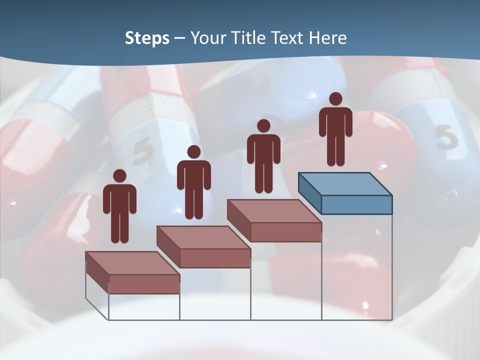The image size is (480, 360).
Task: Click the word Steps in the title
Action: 147,38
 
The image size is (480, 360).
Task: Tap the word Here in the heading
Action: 328,38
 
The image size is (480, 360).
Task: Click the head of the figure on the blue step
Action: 335,99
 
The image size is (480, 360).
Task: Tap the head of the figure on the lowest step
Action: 119,176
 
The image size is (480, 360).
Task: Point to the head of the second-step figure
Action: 193,152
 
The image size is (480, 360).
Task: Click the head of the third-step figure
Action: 263,126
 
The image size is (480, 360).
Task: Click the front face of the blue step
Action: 356,204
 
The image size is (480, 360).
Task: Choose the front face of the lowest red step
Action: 144,284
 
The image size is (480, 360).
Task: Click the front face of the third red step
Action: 286,232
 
